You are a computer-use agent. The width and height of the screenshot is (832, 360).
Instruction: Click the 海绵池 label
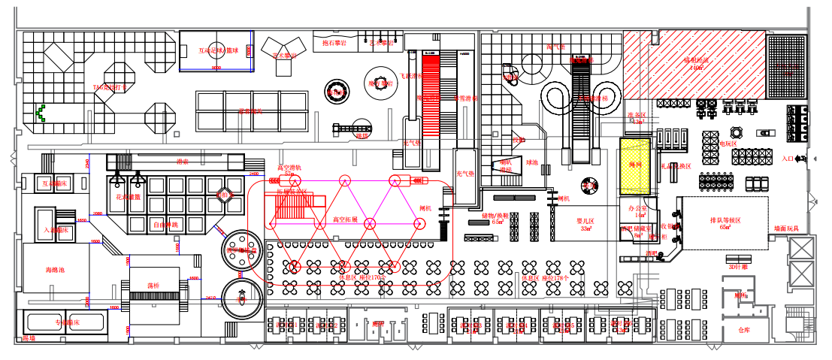pyautogui.click(x=61, y=269)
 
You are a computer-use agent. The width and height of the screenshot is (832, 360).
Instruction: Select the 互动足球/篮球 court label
pyautogui.click(x=217, y=51)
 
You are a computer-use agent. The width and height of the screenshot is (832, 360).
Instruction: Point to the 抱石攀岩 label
pyautogui.click(x=334, y=44)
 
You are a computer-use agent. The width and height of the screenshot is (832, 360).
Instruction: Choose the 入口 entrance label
pyautogui.click(x=788, y=159)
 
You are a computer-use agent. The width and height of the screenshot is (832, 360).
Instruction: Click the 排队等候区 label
pyautogui.click(x=725, y=221)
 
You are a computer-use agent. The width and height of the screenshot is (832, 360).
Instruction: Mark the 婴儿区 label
pyautogui.click(x=585, y=221)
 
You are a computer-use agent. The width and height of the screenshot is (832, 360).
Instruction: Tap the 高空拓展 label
pyautogui.click(x=345, y=220)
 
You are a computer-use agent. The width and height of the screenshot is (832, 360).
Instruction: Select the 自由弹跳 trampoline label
pyautogui.click(x=166, y=224)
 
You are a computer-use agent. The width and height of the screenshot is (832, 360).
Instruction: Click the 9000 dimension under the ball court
pyautogui.click(x=216, y=68)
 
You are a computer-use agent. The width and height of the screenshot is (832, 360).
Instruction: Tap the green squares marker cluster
pyautogui.click(x=41, y=113)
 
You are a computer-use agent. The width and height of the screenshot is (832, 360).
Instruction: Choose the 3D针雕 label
pyautogui.click(x=740, y=266)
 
